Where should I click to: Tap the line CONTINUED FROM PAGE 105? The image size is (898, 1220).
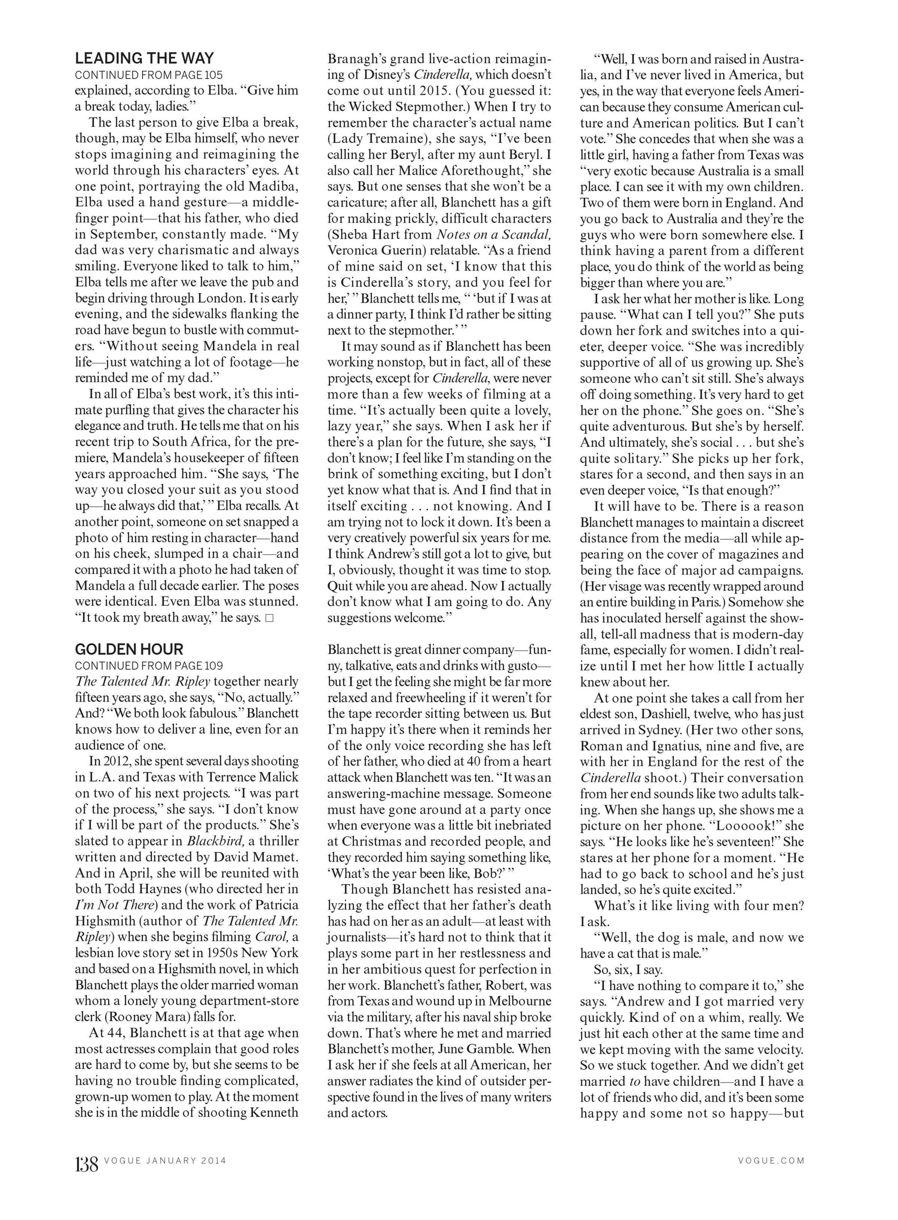pyautogui.click(x=149, y=75)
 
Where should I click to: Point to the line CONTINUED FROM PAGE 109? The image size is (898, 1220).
pyautogui.click(x=149, y=665)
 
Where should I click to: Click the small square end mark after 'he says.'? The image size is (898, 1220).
pyautogui.click(x=269, y=618)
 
